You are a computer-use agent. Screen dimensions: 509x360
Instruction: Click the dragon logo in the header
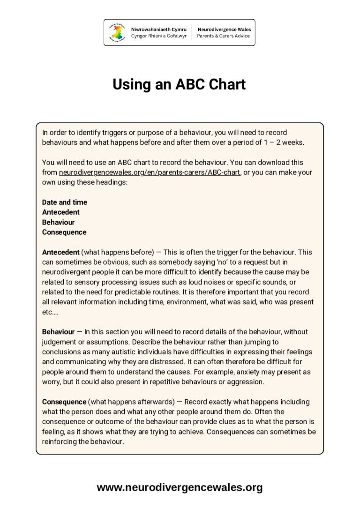(x=118, y=32)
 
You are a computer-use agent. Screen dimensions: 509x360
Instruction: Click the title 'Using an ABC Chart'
(x=179, y=85)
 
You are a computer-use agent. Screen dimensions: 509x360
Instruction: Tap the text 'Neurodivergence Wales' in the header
(x=224, y=29)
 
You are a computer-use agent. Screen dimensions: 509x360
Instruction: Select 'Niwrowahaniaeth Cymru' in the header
(x=158, y=29)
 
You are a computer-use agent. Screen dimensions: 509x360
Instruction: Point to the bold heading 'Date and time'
(x=65, y=202)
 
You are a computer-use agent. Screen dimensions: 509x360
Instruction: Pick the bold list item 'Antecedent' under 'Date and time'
(x=61, y=212)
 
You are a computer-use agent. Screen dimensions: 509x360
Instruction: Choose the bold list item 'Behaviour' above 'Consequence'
(x=58, y=222)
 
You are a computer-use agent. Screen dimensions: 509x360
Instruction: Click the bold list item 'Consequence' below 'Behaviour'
(x=64, y=232)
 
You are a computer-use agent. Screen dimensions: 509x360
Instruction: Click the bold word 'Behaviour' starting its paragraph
(x=58, y=332)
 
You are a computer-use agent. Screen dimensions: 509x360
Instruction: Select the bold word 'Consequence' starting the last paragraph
(x=64, y=402)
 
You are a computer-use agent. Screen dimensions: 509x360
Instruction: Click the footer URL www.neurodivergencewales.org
(x=180, y=487)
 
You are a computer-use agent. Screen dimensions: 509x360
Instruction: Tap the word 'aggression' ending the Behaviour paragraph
(x=247, y=382)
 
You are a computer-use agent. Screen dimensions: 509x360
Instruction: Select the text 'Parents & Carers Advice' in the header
(x=224, y=36)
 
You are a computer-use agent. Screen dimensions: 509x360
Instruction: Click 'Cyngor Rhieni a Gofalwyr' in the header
(x=159, y=36)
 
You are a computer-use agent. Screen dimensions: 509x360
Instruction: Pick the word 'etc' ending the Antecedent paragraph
(x=47, y=312)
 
